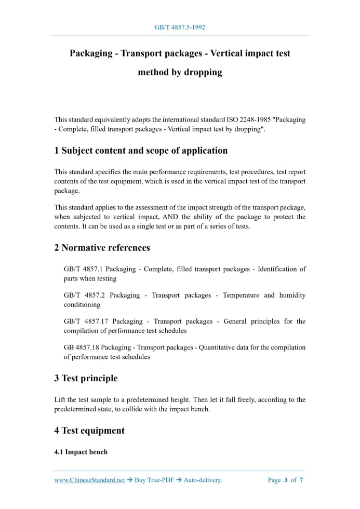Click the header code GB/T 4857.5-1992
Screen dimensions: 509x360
point(180,27)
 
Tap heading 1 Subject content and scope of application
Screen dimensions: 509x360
point(141,151)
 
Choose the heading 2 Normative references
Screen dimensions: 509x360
point(102,248)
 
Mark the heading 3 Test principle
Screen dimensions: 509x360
point(86,378)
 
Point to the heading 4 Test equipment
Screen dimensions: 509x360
point(89,430)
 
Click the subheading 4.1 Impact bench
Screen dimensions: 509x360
point(81,452)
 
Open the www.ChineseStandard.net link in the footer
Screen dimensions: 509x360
point(89,480)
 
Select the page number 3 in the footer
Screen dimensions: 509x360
point(286,480)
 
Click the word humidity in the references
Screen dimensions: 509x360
point(292,295)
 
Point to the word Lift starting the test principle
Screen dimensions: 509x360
point(60,399)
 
